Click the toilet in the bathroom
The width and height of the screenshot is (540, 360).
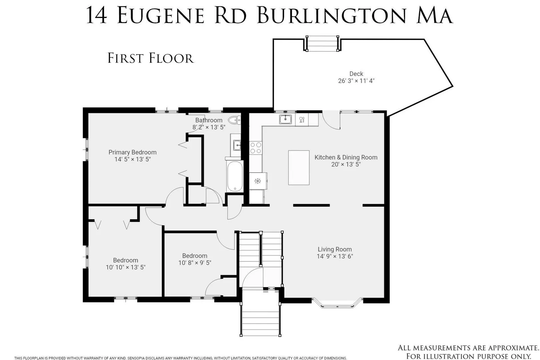click(234, 120)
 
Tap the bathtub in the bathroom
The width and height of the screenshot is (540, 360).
click(235, 176)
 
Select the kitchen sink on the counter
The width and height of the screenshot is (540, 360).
click(285, 119)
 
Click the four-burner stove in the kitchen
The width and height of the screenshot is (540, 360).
click(256, 148)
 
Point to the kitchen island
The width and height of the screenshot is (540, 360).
click(299, 168)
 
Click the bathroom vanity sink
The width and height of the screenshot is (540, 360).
click(237, 145)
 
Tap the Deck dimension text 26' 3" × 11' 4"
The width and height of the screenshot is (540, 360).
click(356, 81)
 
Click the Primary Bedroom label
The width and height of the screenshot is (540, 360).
click(132, 152)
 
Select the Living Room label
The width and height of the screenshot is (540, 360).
click(335, 249)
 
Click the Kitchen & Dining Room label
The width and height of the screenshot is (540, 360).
click(346, 157)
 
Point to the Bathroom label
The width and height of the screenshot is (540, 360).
click(209, 120)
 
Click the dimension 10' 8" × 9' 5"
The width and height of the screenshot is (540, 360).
click(195, 263)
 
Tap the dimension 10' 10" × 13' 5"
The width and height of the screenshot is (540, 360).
click(126, 267)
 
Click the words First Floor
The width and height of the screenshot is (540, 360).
click(150, 58)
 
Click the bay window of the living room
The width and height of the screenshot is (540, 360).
click(337, 303)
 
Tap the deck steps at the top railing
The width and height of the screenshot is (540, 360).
click(322, 43)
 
